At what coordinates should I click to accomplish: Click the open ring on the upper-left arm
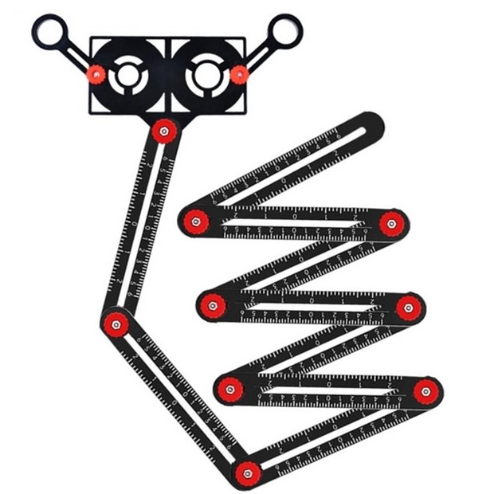[x=49, y=32]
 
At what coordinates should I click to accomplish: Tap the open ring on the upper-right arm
[x=284, y=32]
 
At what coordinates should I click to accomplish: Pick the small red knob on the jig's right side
[x=238, y=75]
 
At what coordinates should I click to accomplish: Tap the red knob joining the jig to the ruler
[x=164, y=131]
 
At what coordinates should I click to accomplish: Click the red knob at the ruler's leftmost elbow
[x=116, y=323]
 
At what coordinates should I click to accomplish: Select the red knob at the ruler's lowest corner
[x=244, y=474]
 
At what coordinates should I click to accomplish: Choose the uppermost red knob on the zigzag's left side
[x=194, y=221]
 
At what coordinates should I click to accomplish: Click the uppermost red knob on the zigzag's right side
[x=391, y=224]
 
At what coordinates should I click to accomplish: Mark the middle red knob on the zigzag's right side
[x=410, y=306]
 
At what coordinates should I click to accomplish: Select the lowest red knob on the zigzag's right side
[x=426, y=390]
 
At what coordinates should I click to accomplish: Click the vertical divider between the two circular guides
[x=167, y=76]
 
